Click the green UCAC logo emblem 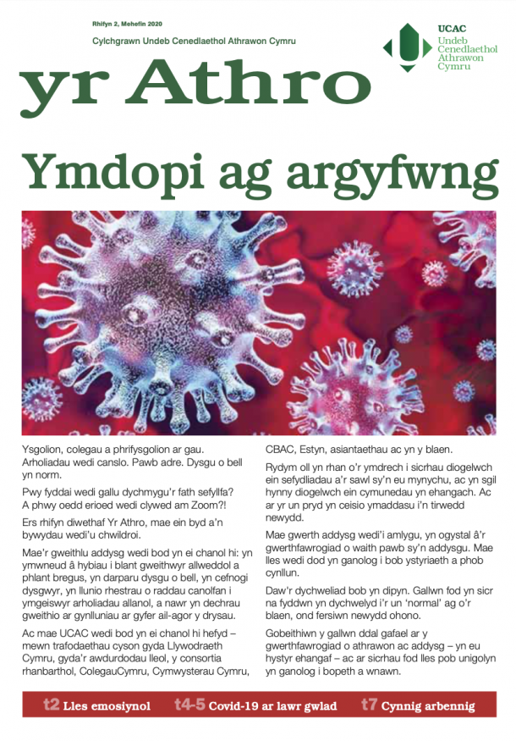coord(409,48)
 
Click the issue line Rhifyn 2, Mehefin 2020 coord(128,25)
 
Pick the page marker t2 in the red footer coord(51,705)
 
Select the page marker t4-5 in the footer coord(189,705)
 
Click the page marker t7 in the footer coord(369,705)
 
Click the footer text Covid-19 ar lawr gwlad coord(273,705)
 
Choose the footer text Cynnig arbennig coord(428,705)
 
